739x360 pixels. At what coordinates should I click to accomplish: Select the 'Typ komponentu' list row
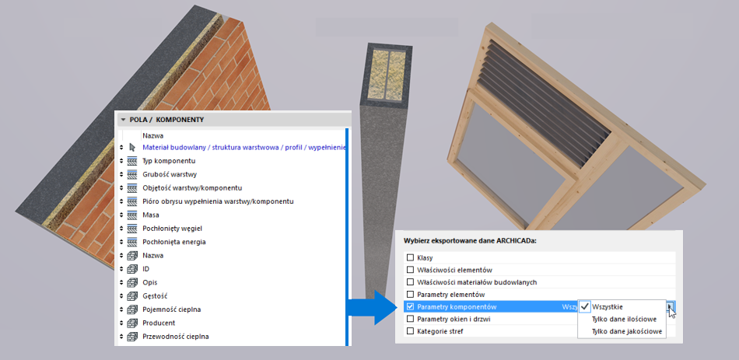(169, 161)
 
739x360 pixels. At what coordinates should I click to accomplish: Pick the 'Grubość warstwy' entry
(170, 174)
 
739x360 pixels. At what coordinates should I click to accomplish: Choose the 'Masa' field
(151, 215)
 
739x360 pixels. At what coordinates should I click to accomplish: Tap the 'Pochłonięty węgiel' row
(172, 229)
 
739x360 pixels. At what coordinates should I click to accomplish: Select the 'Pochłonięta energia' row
(174, 242)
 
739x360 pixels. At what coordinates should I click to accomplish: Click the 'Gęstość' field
(155, 296)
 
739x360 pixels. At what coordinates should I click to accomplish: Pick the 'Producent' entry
(159, 323)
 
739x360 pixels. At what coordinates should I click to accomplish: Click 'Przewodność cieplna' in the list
(175, 337)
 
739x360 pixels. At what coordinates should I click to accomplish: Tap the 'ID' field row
(145, 269)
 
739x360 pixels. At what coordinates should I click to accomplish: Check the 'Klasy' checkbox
(410, 257)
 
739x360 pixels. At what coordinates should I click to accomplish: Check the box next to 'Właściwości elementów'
(410, 270)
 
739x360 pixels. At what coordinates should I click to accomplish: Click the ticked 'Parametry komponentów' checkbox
(410, 307)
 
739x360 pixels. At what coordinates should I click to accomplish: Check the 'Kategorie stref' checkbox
(410, 331)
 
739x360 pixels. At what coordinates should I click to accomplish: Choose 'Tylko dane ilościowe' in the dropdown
(625, 319)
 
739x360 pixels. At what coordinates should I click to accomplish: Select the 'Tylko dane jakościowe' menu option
(627, 331)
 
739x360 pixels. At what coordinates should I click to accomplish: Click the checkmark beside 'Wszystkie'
(585, 307)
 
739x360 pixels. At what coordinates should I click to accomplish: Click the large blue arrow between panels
(373, 307)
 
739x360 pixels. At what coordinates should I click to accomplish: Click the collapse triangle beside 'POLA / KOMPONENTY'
(124, 120)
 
